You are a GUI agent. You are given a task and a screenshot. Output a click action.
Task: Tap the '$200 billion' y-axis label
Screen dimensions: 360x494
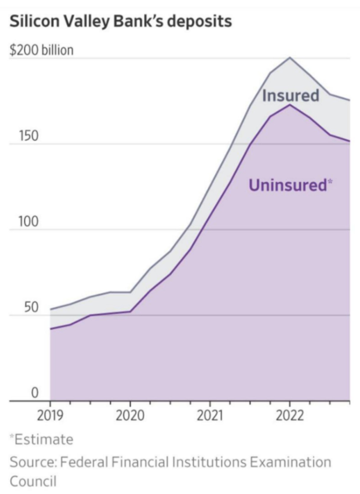pos(42,50)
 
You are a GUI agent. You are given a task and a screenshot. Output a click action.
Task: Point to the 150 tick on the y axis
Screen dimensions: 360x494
pos(29,136)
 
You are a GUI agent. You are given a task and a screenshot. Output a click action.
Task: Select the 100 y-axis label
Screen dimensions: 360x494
pos(28,222)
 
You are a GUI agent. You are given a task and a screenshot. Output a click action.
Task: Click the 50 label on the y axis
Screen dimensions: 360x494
pos(31,307)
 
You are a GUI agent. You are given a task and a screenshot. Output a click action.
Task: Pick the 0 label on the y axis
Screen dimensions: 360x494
pos(35,393)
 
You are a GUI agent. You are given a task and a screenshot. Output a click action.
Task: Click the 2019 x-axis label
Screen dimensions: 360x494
pos(50,416)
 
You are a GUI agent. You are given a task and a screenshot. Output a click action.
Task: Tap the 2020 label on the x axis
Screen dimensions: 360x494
pos(130,416)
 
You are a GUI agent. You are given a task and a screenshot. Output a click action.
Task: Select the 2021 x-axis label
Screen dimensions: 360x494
pos(210,416)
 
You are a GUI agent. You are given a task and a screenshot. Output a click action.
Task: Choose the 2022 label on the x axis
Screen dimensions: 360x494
pos(290,416)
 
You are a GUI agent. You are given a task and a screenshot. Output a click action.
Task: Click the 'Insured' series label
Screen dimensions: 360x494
pos(291,96)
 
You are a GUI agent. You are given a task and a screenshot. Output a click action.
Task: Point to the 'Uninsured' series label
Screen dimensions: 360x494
pos(288,185)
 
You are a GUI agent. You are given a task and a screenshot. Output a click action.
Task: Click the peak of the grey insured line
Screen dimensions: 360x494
pos(290,58)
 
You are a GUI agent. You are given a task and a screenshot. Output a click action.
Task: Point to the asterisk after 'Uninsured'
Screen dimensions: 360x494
pos(330,181)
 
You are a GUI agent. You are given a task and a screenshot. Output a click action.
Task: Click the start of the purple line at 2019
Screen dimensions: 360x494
pos(50,329)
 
